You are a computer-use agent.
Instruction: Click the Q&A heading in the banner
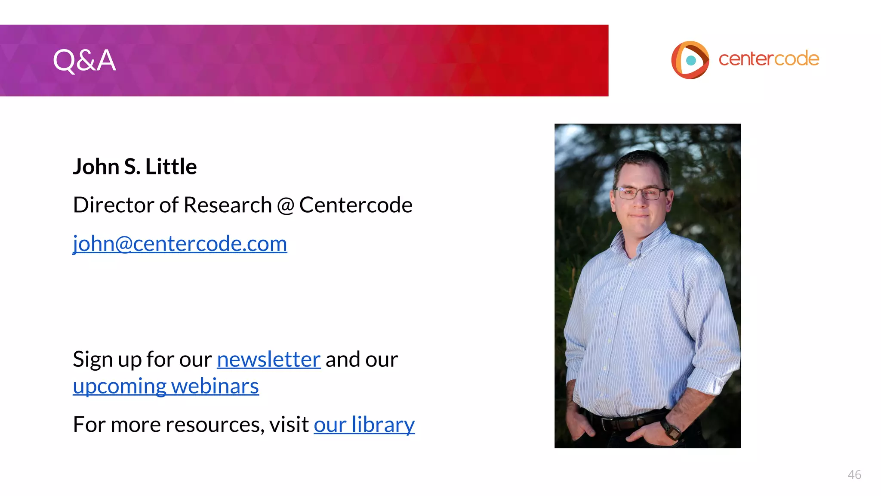tap(84, 60)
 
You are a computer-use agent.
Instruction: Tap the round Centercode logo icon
tap(690, 60)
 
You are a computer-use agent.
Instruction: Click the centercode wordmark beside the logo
tap(769, 59)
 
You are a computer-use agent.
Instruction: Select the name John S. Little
tap(135, 166)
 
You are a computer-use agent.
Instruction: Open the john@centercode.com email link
tap(180, 244)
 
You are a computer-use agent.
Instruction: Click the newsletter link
tap(268, 360)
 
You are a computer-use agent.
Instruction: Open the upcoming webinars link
tap(166, 386)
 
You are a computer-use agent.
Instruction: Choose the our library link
tap(364, 425)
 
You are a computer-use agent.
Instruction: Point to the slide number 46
tap(854, 474)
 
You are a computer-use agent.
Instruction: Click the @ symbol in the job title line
tap(285, 205)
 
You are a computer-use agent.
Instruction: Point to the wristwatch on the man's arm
tap(671, 429)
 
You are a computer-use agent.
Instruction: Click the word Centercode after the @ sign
tap(356, 205)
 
